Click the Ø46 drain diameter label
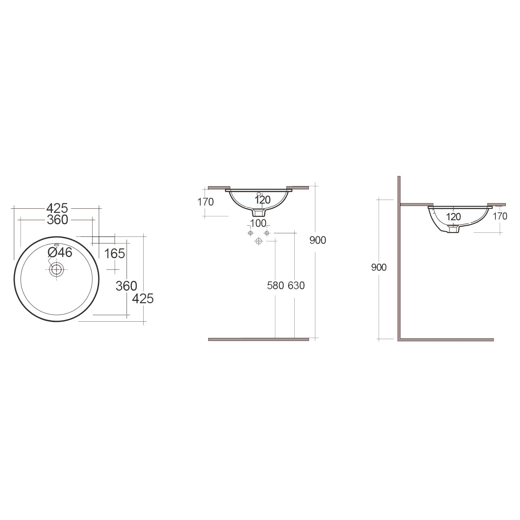pyautogui.click(x=60, y=252)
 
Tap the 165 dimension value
pyautogui.click(x=114, y=254)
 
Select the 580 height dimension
pyautogui.click(x=276, y=285)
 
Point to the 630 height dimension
pyautogui.click(x=296, y=285)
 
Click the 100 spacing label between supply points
pyautogui.click(x=258, y=223)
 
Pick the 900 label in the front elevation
pyautogui.click(x=318, y=240)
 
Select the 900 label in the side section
pyautogui.click(x=379, y=267)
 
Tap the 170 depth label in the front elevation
pyautogui.click(x=206, y=202)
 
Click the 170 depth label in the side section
pyautogui.click(x=500, y=216)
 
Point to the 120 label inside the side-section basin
pyautogui.click(x=453, y=217)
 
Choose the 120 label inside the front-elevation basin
pyautogui.click(x=262, y=200)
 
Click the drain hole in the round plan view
pyautogui.click(x=57, y=269)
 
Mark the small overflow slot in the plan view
pyautogui.click(x=57, y=244)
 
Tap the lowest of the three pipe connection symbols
pyautogui.click(x=259, y=241)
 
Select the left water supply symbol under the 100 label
pyautogui.click(x=251, y=233)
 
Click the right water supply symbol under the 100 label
pyautogui.click(x=267, y=233)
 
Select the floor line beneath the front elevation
pyautogui.click(x=258, y=339)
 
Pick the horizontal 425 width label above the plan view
pyautogui.click(x=57, y=208)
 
